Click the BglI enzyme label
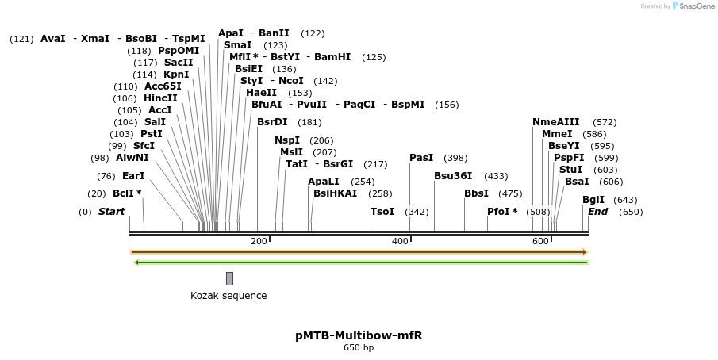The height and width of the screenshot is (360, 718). [x=593, y=200]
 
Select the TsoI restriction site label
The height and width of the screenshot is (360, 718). [x=382, y=212]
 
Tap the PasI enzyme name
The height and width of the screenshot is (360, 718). [x=421, y=158]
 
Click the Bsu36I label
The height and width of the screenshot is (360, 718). [x=453, y=176]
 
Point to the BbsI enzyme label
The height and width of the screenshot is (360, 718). [x=477, y=193]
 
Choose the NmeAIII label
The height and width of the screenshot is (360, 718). [x=556, y=122]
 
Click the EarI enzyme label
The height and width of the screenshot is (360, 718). [x=133, y=175]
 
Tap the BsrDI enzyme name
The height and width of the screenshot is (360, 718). [x=273, y=122]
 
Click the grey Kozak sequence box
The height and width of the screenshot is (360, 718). [x=229, y=278]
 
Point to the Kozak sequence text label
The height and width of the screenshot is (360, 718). [x=228, y=296]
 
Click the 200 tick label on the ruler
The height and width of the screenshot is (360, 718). [x=259, y=241]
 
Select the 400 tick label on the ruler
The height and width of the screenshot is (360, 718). [x=400, y=241]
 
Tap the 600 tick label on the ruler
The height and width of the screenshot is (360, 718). [x=540, y=241]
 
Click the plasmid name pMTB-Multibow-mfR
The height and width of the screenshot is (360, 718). [x=359, y=335]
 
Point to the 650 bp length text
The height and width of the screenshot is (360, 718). [x=359, y=348]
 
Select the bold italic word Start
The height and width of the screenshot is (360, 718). [x=111, y=212]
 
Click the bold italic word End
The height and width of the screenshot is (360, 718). [x=597, y=212]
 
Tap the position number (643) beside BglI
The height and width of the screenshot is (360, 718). [x=625, y=200]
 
